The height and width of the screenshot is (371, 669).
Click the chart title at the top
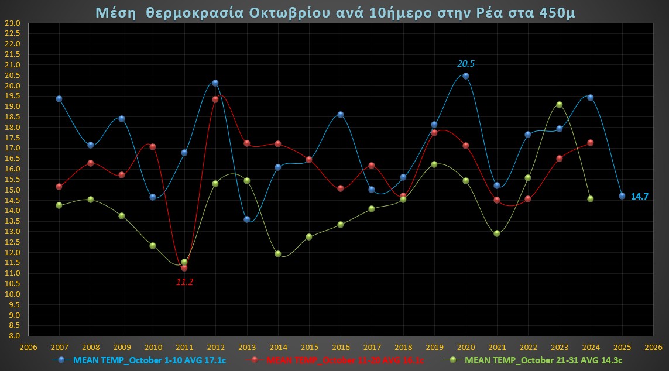coord(335,12)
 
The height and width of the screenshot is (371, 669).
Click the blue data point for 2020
coord(466,76)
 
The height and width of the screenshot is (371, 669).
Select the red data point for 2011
coord(184,268)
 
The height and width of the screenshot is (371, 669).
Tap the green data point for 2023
coord(560,105)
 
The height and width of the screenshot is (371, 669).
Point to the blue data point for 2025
coord(622,196)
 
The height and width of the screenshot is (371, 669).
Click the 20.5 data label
coord(466,64)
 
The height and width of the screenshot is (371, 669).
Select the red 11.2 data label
coord(184,282)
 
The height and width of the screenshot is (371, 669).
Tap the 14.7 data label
coord(639,197)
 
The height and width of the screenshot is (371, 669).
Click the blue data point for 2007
coord(59,99)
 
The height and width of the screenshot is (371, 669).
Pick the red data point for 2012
coord(215,99)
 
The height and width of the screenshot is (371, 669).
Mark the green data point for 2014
coord(278,254)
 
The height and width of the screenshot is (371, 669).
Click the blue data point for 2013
coord(247,219)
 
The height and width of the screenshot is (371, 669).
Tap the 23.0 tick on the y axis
coord(12,23)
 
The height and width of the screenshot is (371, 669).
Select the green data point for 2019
coord(434,164)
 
